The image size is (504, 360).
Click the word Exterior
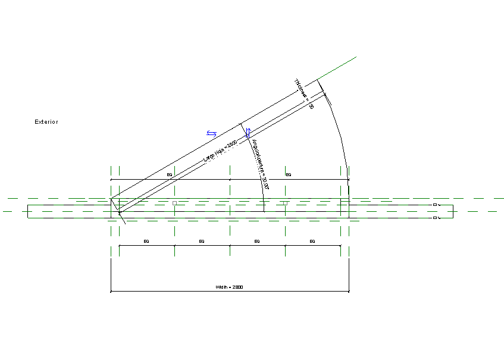(x=46, y=122)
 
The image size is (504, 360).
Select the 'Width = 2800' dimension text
(x=229, y=287)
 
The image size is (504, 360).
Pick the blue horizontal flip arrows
(x=211, y=133)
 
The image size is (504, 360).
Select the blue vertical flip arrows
(x=249, y=132)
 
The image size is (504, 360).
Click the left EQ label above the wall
(x=170, y=174)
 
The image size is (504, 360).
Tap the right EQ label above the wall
(x=289, y=174)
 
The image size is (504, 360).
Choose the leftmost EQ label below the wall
(x=146, y=241)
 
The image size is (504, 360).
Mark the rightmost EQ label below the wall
(x=312, y=241)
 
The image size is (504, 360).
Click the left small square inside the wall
(x=174, y=203)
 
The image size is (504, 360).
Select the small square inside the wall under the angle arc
(x=285, y=203)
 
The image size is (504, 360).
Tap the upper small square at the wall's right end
(x=435, y=205)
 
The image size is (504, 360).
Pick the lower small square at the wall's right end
(x=435, y=218)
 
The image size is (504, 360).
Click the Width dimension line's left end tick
(x=111, y=292)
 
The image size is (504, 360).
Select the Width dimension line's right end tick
(x=349, y=292)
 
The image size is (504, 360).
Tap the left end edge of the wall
(x=27, y=211)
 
